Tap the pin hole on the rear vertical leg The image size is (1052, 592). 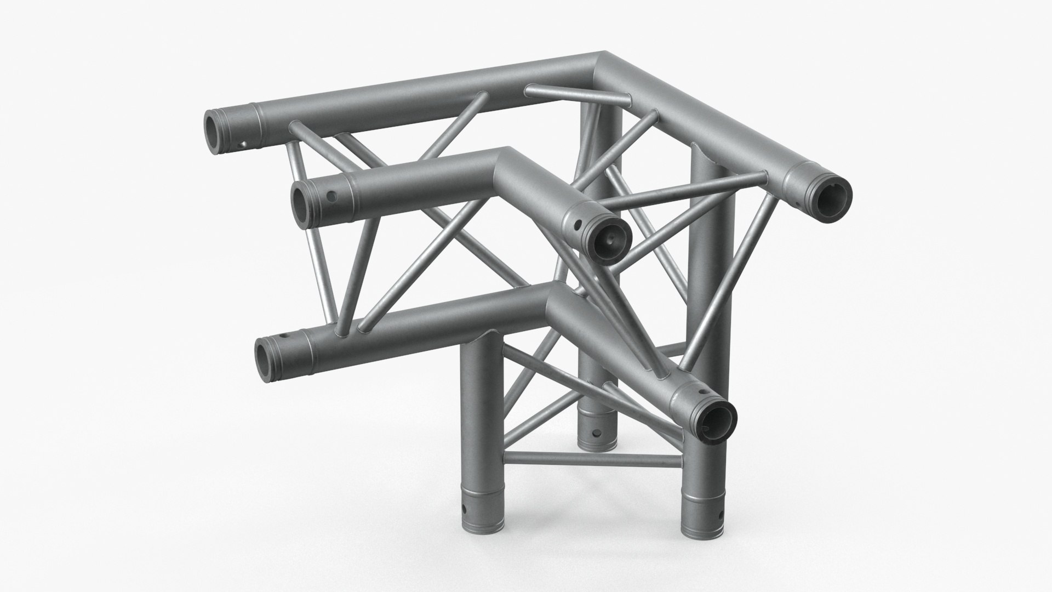[596, 432]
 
